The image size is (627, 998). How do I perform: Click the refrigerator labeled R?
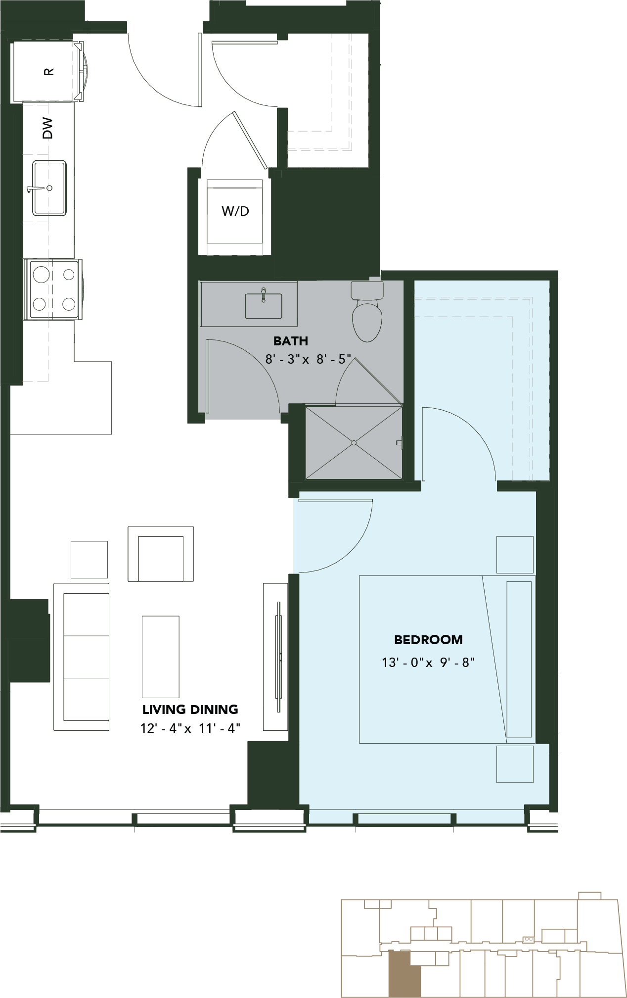(48, 71)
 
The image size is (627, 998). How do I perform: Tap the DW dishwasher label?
(47, 128)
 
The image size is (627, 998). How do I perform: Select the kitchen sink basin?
(49, 188)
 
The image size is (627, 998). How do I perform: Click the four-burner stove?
(53, 289)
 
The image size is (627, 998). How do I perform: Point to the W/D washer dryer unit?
(235, 211)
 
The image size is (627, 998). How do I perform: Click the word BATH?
(291, 341)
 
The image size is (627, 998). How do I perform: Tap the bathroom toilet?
(367, 312)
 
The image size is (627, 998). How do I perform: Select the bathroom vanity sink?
(264, 305)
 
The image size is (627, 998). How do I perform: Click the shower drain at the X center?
(354, 442)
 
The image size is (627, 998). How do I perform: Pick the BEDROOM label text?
(428, 640)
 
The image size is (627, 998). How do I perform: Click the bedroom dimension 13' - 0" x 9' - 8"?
(428, 662)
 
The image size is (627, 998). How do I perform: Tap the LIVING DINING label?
(190, 710)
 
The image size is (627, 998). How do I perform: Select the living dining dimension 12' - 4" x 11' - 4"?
(190, 728)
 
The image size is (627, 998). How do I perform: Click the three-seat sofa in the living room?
(82, 657)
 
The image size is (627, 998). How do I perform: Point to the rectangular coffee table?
(161, 657)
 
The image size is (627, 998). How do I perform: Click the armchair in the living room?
(161, 554)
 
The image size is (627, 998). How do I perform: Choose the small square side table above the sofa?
(89, 560)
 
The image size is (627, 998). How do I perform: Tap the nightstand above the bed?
(515, 555)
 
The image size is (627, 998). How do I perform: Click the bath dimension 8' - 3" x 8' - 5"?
(308, 359)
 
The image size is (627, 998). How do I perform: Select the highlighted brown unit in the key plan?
(404, 973)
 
